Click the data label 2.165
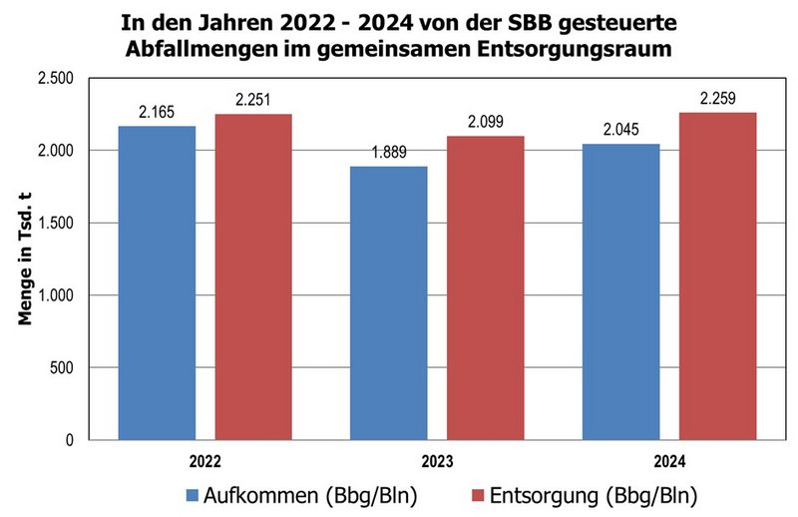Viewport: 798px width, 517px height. point(157,112)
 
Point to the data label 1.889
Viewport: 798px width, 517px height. point(388,152)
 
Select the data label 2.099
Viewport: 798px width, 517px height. point(485,122)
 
